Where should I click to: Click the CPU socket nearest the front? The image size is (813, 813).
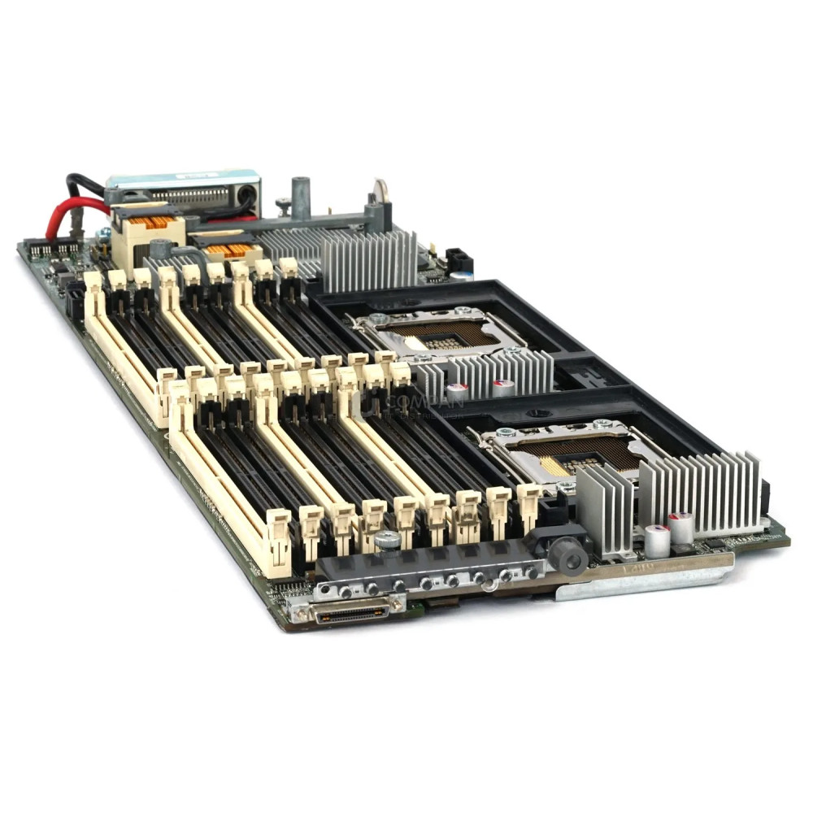coord(569,450)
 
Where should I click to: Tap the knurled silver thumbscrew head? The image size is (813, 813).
coord(387,539)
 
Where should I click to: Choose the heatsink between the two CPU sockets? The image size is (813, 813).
coord(488,374)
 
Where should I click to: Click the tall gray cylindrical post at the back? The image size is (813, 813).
coord(302,198)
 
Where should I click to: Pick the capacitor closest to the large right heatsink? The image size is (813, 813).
coord(680,527)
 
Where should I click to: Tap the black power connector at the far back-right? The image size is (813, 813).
coord(459,259)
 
